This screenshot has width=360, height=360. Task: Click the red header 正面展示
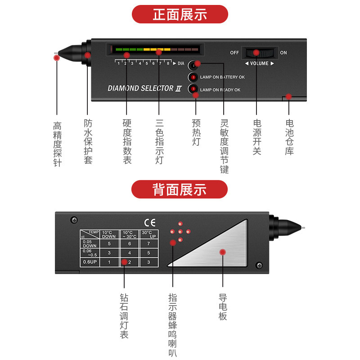tap(180, 14)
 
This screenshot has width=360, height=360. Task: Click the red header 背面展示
tap(180, 189)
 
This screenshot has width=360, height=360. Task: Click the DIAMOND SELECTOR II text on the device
tap(144, 88)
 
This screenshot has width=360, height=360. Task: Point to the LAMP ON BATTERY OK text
tap(222, 77)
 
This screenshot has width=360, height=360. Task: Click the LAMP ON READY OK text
tap(220, 90)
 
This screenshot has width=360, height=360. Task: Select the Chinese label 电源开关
tap(257, 137)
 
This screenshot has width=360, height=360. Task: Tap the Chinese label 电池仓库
tap(289, 137)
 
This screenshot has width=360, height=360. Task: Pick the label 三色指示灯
tap(159, 141)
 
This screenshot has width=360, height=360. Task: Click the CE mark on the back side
tap(149, 222)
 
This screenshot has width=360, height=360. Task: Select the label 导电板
tap(223, 307)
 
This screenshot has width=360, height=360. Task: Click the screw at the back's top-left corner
tap(74, 220)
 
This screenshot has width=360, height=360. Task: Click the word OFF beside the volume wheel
tap(234, 53)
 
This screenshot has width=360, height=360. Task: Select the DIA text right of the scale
tap(181, 63)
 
